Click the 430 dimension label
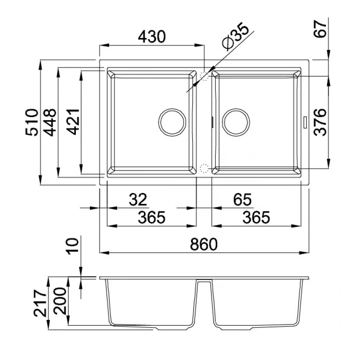click(x=152, y=37)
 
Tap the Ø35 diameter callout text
click(x=235, y=36)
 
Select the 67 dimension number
click(x=320, y=29)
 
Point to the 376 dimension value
click(x=320, y=122)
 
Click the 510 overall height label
click(x=31, y=123)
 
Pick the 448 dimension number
click(x=50, y=123)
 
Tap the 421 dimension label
click(x=73, y=122)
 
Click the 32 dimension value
click(x=138, y=199)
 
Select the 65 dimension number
click(x=242, y=199)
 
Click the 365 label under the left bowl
click(x=152, y=217)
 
